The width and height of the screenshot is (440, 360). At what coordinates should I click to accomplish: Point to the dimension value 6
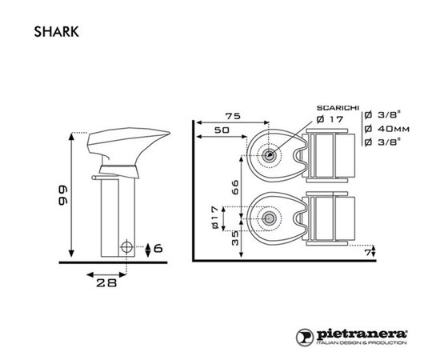click(158, 249)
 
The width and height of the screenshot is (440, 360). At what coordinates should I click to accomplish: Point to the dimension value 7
click(367, 254)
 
